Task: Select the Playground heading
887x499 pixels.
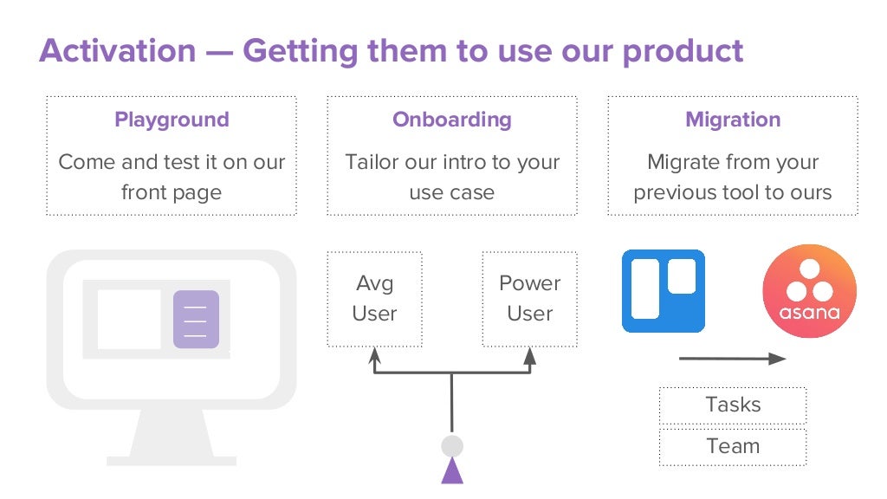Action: (172, 120)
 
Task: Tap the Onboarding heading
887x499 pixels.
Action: (451, 120)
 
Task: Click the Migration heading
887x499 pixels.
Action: (733, 120)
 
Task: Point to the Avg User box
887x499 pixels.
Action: (374, 299)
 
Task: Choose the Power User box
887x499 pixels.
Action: (529, 299)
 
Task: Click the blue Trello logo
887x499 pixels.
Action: (664, 291)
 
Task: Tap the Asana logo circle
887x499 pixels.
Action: (809, 291)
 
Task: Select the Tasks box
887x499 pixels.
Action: (733, 405)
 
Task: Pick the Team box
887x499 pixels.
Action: (733, 446)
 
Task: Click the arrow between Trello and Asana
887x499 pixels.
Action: (732, 358)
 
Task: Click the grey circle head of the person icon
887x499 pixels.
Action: (451, 446)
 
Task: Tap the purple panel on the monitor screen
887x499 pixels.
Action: (196, 319)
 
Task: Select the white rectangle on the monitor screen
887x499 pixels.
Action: (128, 319)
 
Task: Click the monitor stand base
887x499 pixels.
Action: (171, 457)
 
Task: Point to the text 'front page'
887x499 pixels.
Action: (171, 192)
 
